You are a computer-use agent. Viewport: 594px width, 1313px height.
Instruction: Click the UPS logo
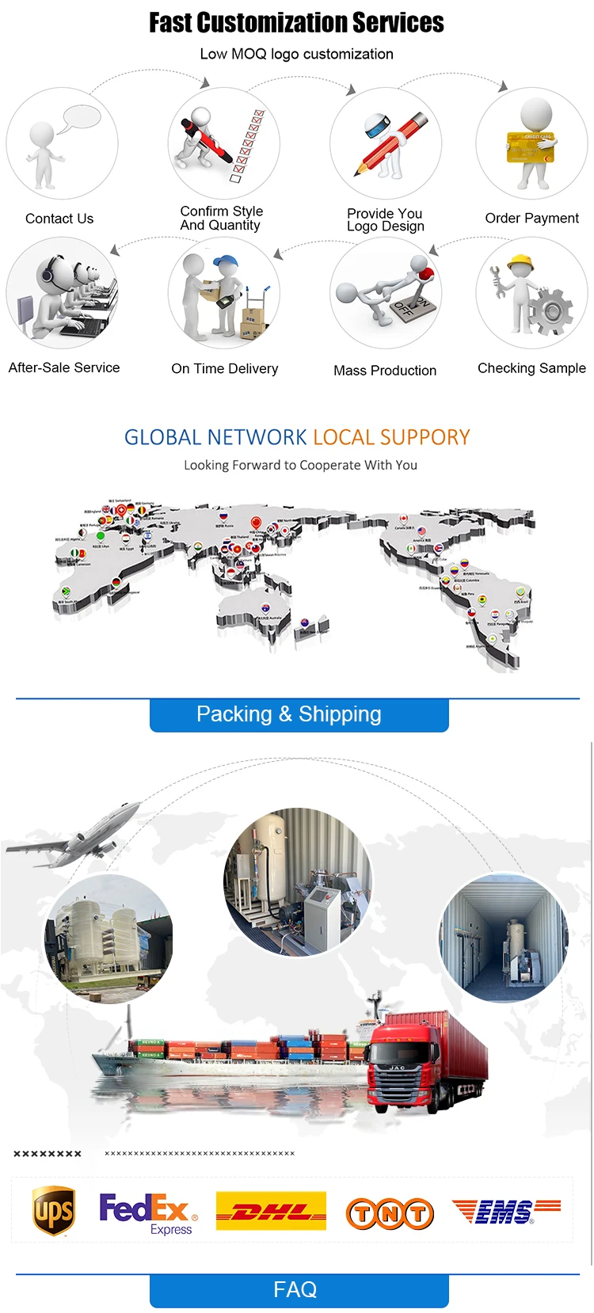54,1211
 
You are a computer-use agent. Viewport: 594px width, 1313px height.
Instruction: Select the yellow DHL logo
271,1212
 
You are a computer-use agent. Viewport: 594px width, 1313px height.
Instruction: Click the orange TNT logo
390,1213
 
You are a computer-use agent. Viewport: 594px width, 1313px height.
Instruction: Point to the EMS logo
506,1212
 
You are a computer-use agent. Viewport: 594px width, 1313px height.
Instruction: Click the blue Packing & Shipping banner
299,714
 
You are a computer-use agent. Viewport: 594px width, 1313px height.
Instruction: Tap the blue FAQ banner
299,1290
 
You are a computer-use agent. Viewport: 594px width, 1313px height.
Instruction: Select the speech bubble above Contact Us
82,119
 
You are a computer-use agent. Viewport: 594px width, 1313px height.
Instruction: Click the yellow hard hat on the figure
520,262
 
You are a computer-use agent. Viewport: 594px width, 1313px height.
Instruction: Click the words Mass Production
385,371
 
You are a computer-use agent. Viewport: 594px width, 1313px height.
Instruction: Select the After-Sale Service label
64,367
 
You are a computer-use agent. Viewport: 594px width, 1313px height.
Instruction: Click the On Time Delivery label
225,368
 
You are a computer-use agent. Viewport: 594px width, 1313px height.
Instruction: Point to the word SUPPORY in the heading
425,437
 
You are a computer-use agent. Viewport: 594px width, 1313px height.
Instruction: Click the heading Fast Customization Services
297,23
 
